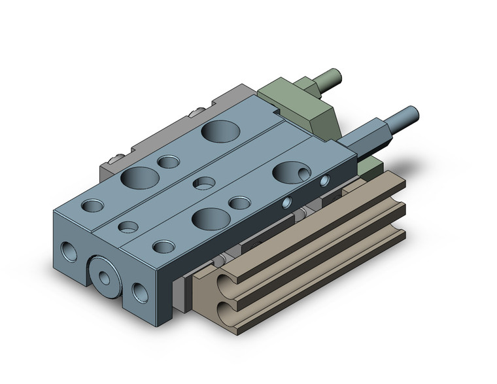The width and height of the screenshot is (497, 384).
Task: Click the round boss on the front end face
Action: pos(104,273)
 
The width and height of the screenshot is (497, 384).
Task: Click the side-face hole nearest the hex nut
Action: pos(324,180)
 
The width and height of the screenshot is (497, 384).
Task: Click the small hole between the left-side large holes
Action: pos(169,162)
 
